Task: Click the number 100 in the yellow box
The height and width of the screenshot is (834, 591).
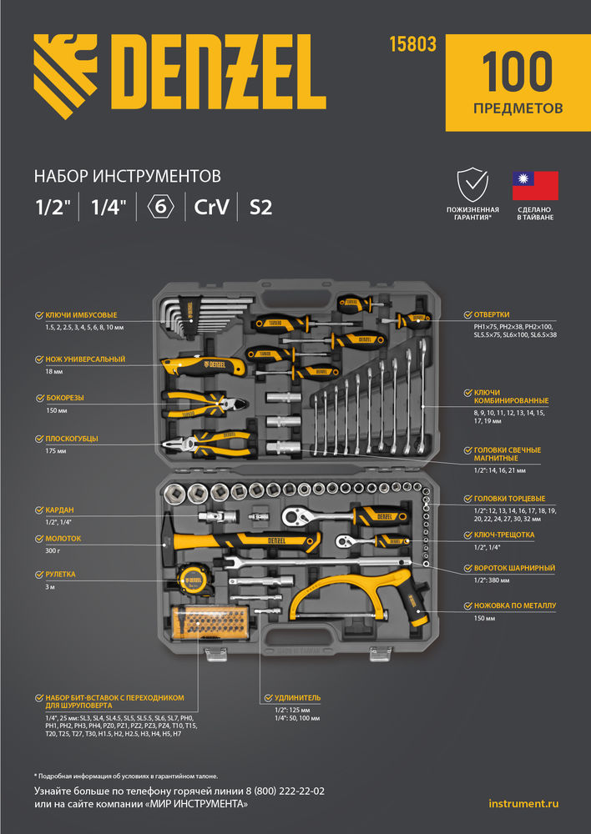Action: coord(518,72)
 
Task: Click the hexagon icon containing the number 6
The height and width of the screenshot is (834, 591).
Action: coord(160,207)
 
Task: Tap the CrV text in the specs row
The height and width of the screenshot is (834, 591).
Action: coord(211,207)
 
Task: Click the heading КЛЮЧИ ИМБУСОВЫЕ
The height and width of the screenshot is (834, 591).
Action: coord(81,315)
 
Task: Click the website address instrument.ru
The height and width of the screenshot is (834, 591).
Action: coord(523,803)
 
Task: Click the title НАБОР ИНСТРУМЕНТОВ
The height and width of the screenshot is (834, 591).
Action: coord(127,176)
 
